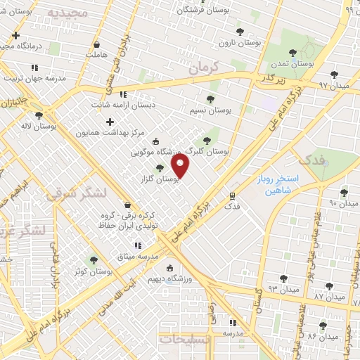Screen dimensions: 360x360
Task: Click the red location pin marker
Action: [x=181, y=165]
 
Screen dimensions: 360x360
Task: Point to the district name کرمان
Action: [x=205, y=68]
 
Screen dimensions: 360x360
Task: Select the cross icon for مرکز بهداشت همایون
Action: [x=110, y=122]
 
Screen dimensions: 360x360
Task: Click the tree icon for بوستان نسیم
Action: [x=210, y=99]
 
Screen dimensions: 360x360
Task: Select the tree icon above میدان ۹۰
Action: [x=344, y=192]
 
